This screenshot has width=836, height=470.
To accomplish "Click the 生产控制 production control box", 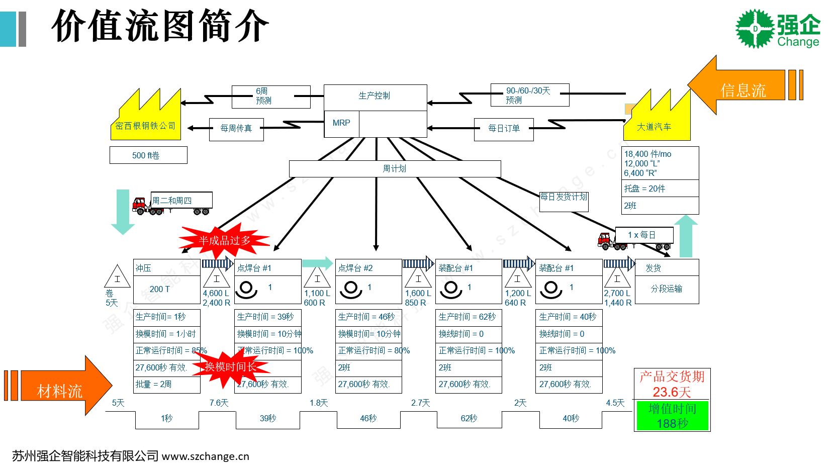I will pos(375,96).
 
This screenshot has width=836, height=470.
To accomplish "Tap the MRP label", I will pos(341,123).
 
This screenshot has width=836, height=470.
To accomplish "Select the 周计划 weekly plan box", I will pos(395,169).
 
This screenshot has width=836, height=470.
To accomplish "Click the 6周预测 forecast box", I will pos(270,96).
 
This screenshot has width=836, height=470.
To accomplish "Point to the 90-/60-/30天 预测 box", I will pos(529,96).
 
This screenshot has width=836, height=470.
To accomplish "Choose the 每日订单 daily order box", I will pos(504,129).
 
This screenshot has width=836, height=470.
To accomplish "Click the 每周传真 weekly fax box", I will pos(236,129).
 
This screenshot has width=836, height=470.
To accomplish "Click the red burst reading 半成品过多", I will pos(224,240).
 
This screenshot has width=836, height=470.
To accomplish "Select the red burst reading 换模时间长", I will pos(230,367).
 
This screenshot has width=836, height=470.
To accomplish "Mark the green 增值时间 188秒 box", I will pos(672,416).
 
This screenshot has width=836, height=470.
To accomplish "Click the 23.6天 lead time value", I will pos(672,392).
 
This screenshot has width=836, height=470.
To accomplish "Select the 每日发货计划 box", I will pos(564,199).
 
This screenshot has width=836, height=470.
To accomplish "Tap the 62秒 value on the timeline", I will pos(469,418).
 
